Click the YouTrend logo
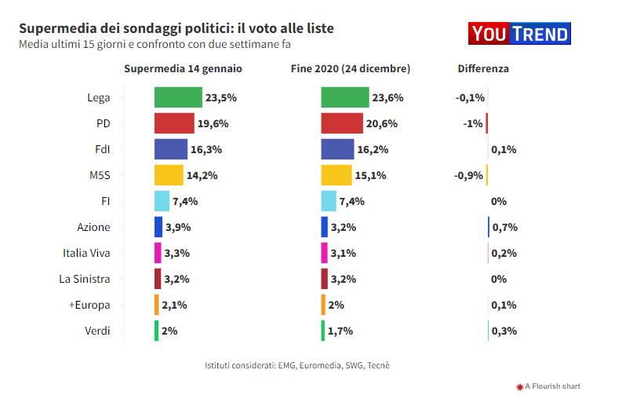(x=518, y=34)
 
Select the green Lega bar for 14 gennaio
(x=178, y=97)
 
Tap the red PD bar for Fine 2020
(x=342, y=123)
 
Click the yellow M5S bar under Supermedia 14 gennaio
(x=169, y=175)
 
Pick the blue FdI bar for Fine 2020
(x=337, y=149)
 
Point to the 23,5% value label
(x=221, y=98)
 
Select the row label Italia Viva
(x=86, y=253)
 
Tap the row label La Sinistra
(x=85, y=279)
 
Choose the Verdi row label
(x=97, y=331)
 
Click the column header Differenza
(x=483, y=68)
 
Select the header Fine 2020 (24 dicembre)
(x=351, y=68)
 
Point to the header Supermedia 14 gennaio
(x=183, y=68)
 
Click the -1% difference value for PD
(x=472, y=124)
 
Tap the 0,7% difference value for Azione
(x=504, y=228)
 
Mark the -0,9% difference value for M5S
(x=469, y=175)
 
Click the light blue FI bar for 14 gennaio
(x=162, y=201)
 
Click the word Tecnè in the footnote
(x=378, y=366)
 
